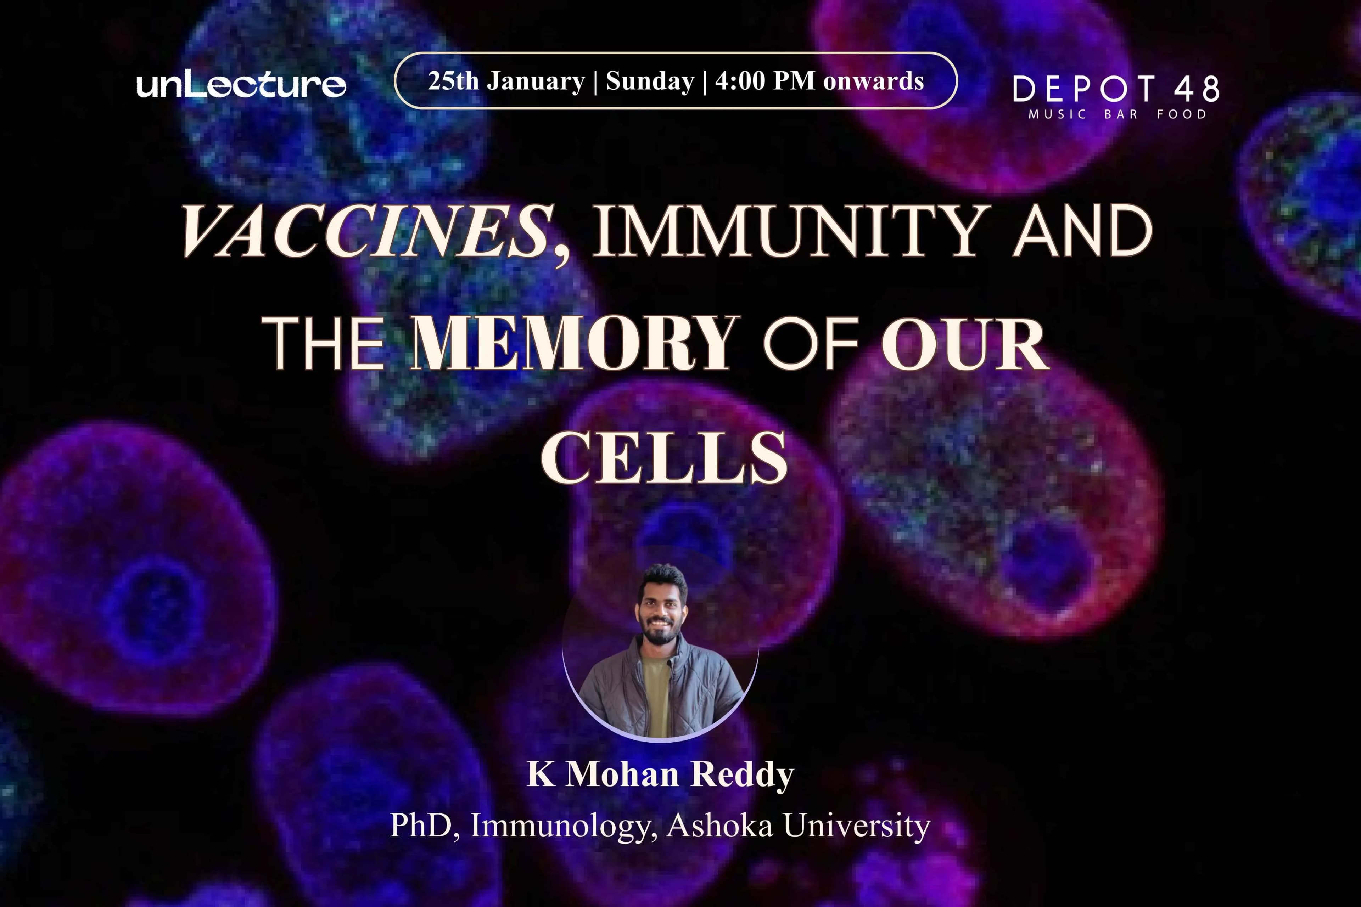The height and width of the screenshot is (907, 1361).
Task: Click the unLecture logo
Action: [x=241, y=85]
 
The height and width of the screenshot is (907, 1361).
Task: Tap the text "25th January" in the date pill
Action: [x=506, y=81]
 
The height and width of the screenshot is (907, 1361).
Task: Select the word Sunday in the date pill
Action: [x=650, y=81]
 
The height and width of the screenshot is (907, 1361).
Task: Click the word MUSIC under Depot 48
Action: [x=1057, y=114]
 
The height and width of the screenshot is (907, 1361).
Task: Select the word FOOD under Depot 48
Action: [x=1182, y=114]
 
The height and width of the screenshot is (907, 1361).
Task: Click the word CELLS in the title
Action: [x=664, y=457]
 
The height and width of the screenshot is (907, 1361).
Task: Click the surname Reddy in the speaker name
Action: [x=743, y=774]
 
